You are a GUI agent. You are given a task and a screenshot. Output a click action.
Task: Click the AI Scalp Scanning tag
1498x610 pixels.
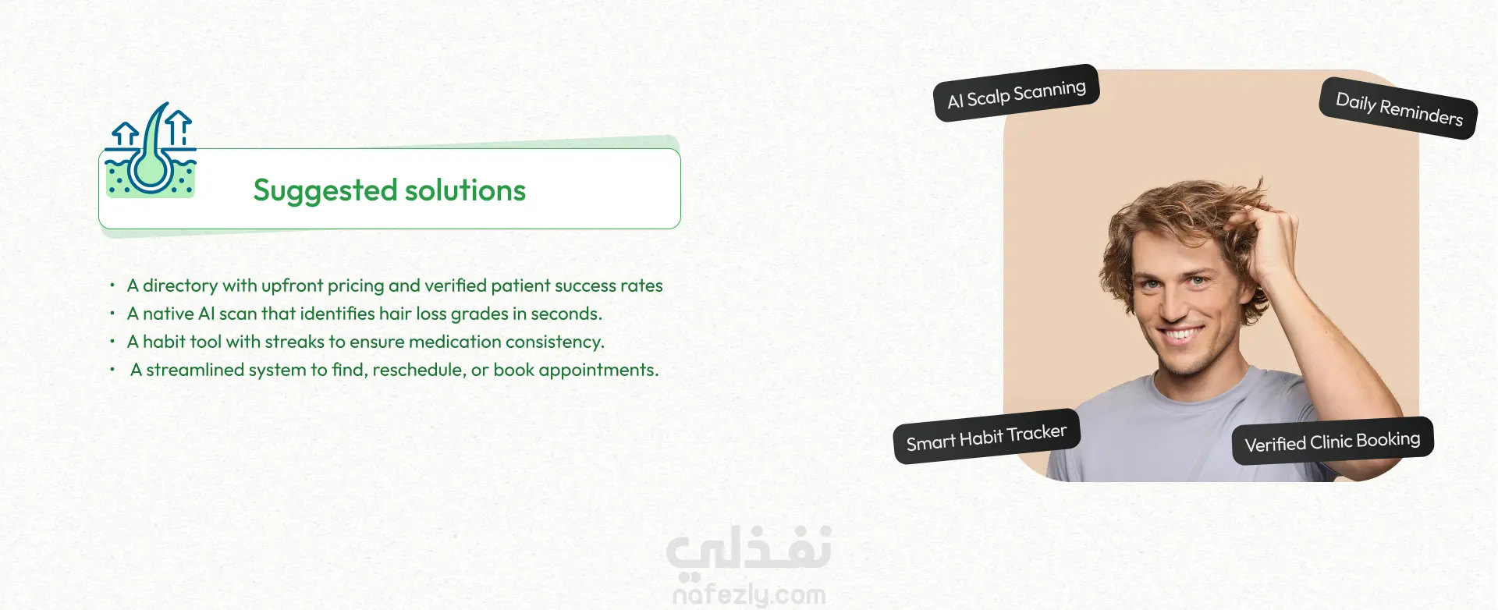1017,94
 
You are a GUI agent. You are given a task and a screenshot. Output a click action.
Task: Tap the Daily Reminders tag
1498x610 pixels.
1399,108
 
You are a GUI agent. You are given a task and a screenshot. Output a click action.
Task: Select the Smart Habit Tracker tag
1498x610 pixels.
987,436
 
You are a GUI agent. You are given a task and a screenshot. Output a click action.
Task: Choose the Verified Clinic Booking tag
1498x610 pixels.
1333,442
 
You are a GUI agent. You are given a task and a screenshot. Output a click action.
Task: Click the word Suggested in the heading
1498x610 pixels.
326,191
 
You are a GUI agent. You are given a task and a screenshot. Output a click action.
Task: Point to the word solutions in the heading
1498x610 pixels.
465,190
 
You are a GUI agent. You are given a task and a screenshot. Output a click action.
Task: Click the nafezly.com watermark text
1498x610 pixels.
749,595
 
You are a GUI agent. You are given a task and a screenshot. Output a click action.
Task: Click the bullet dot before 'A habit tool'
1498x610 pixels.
112,342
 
